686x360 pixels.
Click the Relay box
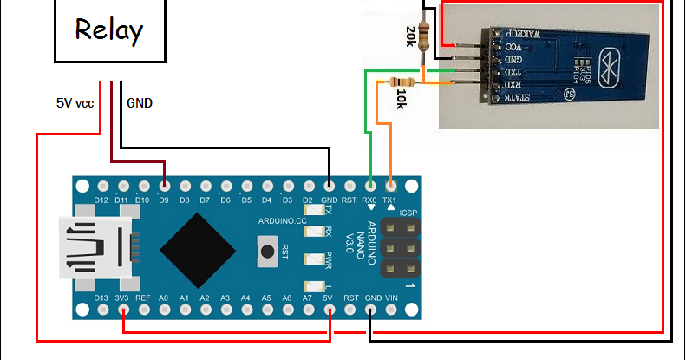pos(109,30)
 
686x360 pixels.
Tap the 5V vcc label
pos(75,102)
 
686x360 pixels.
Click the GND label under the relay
pos(140,102)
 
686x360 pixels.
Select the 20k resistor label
pos(410,36)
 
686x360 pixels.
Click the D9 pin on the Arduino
pos(165,186)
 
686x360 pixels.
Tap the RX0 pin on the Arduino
pos(371,186)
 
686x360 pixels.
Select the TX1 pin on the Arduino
pos(392,186)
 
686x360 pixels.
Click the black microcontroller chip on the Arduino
pos(198,248)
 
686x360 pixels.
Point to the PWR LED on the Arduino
pos(310,258)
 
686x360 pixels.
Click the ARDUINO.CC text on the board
pos(282,221)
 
